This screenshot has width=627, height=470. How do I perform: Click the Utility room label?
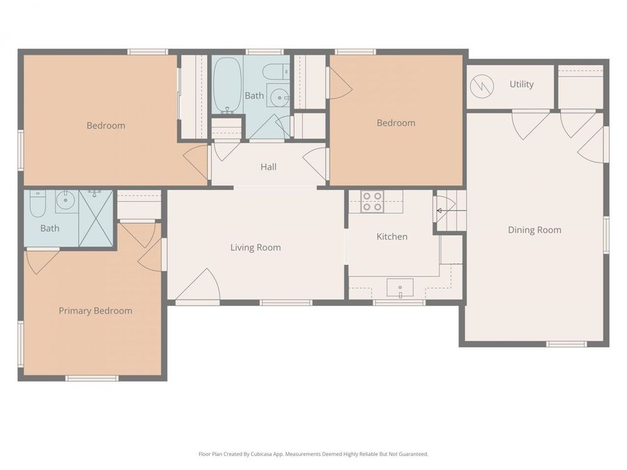[x=521, y=84]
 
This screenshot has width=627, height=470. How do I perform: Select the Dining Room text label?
[x=534, y=230]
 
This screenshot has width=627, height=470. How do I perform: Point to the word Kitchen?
[x=392, y=237]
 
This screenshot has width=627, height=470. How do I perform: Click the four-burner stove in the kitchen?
[x=371, y=201]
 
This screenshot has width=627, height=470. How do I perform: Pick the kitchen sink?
[x=400, y=287]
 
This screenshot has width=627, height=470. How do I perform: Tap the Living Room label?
[x=256, y=247]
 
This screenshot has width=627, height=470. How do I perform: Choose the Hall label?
[x=268, y=166]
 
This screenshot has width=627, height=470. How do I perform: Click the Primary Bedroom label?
[x=95, y=311]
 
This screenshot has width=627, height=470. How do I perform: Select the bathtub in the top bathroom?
[x=226, y=85]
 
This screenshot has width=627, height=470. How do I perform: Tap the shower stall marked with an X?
[x=95, y=217]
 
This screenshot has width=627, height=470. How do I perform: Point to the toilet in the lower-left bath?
[x=38, y=204]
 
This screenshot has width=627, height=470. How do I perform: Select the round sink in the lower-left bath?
[x=66, y=202]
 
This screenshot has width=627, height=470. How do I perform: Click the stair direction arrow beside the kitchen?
[x=440, y=209]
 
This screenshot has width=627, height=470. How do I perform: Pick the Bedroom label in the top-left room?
[x=106, y=125]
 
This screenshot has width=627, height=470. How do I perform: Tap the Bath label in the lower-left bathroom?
[x=49, y=228]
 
